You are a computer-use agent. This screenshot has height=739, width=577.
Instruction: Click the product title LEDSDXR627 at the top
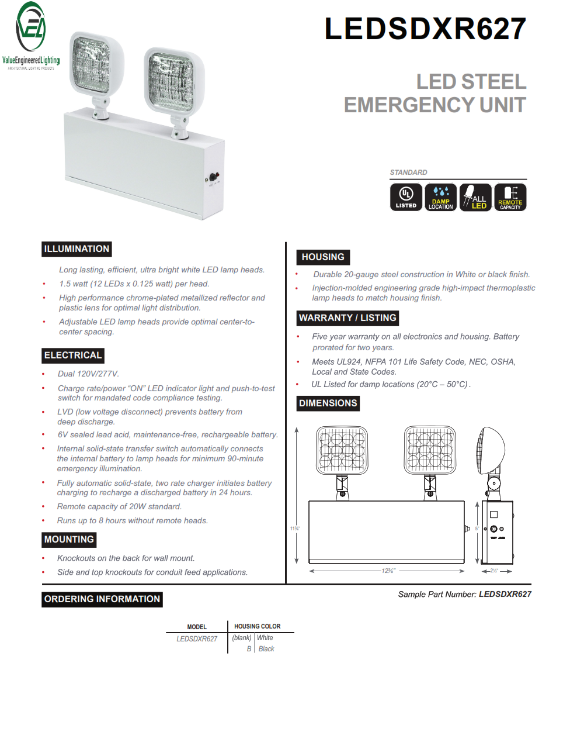click(x=425, y=29)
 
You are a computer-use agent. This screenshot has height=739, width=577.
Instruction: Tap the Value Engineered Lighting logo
click(x=31, y=35)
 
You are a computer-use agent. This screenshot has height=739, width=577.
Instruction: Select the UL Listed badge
click(x=406, y=197)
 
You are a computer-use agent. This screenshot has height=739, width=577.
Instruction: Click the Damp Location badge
click(x=441, y=197)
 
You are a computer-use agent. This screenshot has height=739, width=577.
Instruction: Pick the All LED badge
click(x=476, y=197)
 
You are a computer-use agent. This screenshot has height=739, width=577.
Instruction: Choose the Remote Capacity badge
click(x=510, y=197)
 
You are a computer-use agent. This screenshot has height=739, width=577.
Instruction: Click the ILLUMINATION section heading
click(x=77, y=249)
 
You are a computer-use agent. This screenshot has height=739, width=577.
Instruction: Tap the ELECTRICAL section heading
click(x=73, y=355)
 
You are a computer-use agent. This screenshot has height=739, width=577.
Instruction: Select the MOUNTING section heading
click(x=69, y=540)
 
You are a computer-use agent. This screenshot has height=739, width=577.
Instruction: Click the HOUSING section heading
click(x=323, y=257)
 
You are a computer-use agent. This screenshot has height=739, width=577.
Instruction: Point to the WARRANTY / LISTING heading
click(x=347, y=318)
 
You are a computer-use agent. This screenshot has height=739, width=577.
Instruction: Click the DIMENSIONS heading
click(x=328, y=403)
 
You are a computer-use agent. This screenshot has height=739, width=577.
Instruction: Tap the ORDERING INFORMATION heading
click(x=102, y=599)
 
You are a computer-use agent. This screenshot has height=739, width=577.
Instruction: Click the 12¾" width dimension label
click(x=388, y=571)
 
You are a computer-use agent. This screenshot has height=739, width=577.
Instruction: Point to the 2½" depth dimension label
click(x=493, y=571)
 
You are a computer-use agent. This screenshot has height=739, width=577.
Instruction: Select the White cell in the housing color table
click(x=265, y=638)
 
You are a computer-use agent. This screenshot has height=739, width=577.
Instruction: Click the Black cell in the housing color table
click(x=266, y=649)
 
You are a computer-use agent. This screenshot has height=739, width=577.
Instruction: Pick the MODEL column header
click(x=197, y=627)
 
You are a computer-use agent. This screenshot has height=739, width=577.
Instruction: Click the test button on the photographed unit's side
click(x=213, y=177)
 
